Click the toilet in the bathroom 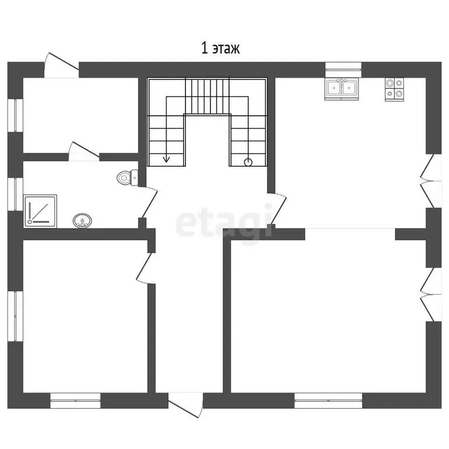click(x=127, y=178)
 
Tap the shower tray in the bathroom click(x=40, y=211)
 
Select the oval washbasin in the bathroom click(x=82, y=220)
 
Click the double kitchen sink click(x=341, y=88)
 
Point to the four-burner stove click(x=394, y=89)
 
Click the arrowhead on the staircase click(x=166, y=159)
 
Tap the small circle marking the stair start click(x=248, y=163)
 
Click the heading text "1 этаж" click(x=220, y=48)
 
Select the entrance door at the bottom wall click(x=186, y=405)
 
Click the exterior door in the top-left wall click(x=61, y=65)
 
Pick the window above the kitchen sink click(x=343, y=66)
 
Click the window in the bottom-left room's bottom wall click(x=75, y=400)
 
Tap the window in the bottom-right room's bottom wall click(x=328, y=400)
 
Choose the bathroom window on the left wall click(x=15, y=195)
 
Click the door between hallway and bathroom click(x=148, y=202)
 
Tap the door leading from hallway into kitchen click(x=277, y=209)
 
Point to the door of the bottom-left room click(x=146, y=268)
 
